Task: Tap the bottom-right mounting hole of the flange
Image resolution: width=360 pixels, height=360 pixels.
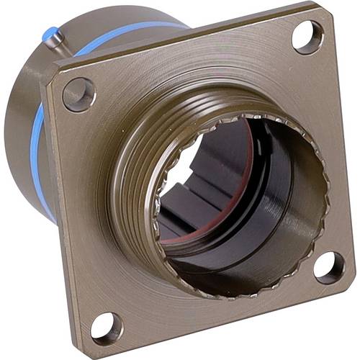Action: (330, 267)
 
